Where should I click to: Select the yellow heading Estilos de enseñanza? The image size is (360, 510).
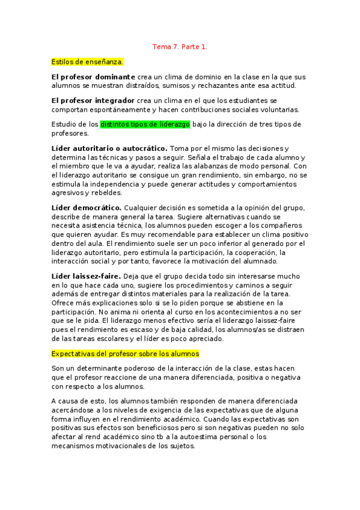point(88,61)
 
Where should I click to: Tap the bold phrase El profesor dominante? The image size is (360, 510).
point(93,77)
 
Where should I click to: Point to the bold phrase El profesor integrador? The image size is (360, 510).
point(93,100)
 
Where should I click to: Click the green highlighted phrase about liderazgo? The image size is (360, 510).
point(145,124)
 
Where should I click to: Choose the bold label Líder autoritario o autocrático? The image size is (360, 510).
point(110,148)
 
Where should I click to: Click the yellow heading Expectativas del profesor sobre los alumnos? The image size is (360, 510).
point(126,354)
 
